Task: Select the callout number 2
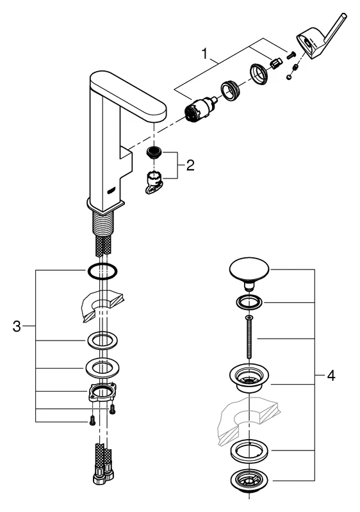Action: coord(190,166)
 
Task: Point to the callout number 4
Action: coord(331,376)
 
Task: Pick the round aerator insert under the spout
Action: coord(153,152)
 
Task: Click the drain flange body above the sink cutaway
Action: coord(248,379)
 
